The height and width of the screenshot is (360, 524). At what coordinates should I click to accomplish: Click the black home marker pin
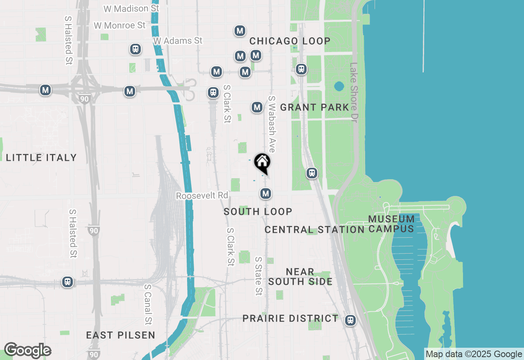(262, 163)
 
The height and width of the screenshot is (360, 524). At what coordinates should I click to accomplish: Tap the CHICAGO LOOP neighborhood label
(290, 41)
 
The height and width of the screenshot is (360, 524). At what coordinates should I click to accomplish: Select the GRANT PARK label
(314, 108)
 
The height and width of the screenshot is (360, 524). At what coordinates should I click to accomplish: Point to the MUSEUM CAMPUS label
(391, 224)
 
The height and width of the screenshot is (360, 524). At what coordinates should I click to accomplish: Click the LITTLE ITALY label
(41, 157)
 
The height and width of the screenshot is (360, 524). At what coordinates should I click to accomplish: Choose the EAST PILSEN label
(121, 335)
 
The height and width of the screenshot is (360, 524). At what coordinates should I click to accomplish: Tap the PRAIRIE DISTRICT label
(291, 318)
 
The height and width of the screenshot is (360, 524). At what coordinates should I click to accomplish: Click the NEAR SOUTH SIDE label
(300, 277)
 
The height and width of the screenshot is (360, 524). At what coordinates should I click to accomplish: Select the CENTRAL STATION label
(314, 229)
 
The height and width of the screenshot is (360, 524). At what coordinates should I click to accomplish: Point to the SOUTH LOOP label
(258, 211)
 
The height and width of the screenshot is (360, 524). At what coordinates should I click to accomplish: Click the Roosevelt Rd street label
(202, 196)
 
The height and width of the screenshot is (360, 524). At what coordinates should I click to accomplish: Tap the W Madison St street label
(131, 9)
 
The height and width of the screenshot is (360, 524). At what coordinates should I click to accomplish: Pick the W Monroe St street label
(120, 25)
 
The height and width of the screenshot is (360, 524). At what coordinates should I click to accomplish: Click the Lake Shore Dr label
(354, 92)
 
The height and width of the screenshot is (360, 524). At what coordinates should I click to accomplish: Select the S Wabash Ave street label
(271, 124)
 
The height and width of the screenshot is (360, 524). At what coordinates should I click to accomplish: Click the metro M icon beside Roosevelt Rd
(266, 193)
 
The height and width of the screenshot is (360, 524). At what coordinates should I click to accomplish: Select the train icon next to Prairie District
(350, 320)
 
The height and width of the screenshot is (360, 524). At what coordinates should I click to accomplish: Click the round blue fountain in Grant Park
(339, 86)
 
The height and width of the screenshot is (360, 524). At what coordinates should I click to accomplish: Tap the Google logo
(27, 351)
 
